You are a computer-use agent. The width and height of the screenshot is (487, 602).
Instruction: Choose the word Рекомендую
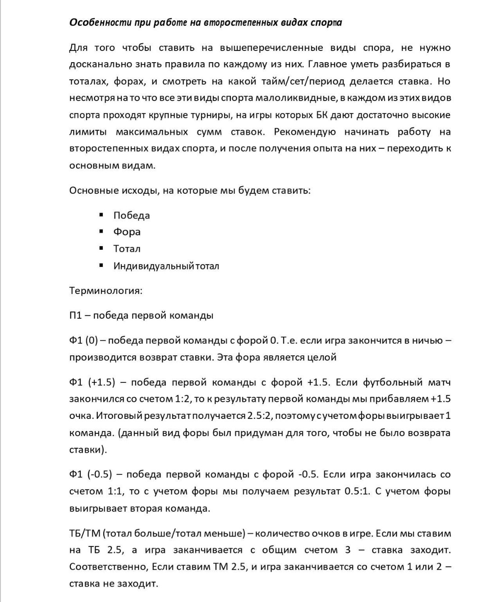[305, 132]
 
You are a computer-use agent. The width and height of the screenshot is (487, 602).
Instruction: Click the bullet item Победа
[132, 216]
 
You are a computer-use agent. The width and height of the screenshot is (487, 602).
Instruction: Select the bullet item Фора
[127, 232]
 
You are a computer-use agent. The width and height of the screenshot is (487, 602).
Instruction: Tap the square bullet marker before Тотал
[101, 248]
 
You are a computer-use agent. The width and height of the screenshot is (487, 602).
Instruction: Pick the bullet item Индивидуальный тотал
[166, 266]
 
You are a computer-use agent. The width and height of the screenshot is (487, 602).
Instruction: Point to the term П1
[75, 316]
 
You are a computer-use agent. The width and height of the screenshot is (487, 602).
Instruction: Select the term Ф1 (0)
[84, 341]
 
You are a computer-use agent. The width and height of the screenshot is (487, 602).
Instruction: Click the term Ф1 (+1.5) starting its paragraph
[92, 383]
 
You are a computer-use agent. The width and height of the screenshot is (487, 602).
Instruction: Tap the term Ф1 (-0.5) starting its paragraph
[90, 475]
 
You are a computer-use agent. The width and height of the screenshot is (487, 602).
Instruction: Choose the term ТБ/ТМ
[85, 534]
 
